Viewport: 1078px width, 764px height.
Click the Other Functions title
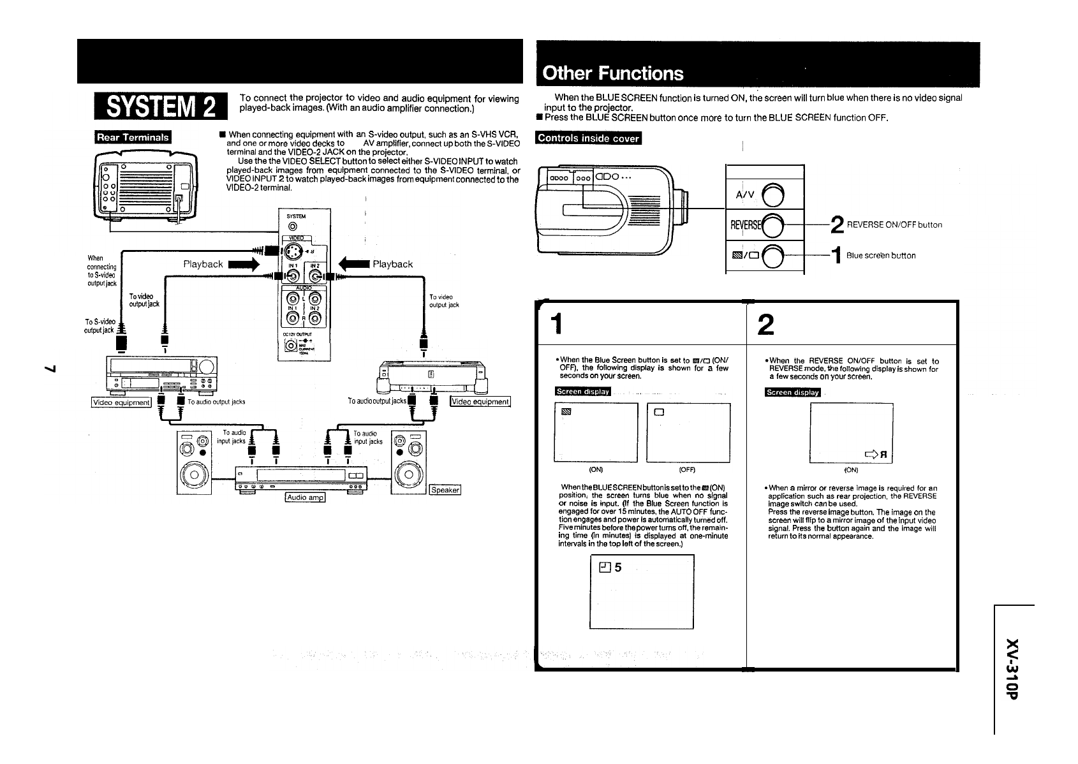[612, 73]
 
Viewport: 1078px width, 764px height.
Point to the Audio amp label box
[306, 497]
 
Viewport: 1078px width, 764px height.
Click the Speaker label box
[445, 490]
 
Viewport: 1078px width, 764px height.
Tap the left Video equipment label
[121, 402]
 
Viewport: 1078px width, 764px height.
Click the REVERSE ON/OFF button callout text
[894, 224]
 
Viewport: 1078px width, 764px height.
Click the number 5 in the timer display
[618, 568]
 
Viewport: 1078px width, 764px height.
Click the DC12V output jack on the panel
[291, 346]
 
